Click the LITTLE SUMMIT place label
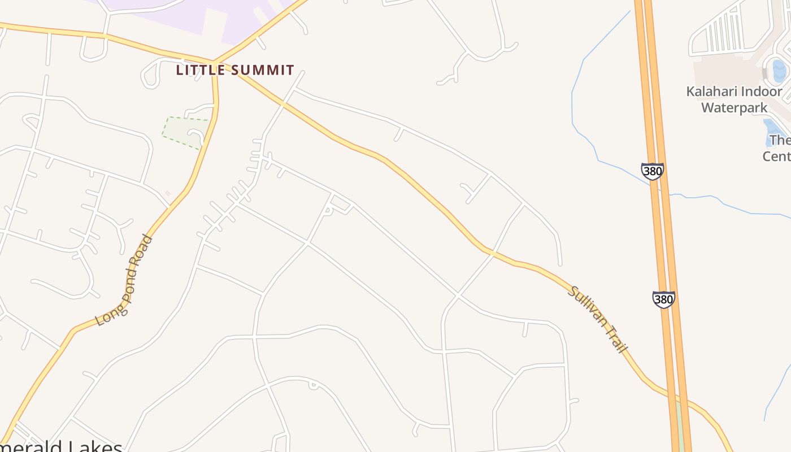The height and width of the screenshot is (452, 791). click(235, 70)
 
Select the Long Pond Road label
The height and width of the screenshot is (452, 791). click(124, 280)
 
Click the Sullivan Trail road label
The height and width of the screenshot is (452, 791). click(598, 320)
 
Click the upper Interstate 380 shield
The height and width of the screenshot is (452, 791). click(652, 171)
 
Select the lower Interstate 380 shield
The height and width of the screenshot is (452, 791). click(663, 299)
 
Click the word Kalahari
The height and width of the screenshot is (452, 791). click(710, 92)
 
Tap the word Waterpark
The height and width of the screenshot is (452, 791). click(734, 107)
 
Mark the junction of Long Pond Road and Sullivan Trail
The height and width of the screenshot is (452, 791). click(214, 62)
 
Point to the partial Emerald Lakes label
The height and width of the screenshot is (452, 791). click(62, 446)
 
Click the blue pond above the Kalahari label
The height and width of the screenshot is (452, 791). click(779, 71)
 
